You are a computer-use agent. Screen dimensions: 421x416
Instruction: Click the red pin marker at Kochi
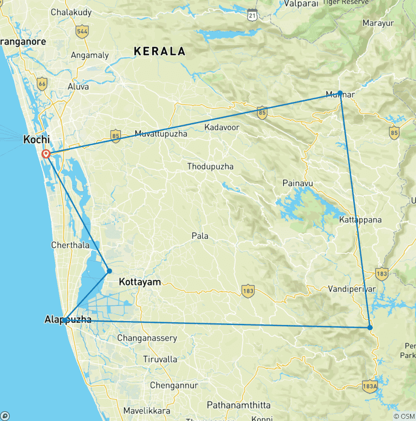pyautogui.click(x=47, y=154)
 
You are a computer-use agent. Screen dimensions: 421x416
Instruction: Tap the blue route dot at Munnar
pyautogui.click(x=340, y=93)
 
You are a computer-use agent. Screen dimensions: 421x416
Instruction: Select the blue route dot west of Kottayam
pyautogui.click(x=109, y=271)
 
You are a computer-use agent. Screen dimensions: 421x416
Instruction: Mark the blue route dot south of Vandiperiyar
pyautogui.click(x=370, y=327)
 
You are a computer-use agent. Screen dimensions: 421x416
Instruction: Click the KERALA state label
pyautogui.click(x=160, y=52)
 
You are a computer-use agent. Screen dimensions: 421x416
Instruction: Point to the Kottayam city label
pyautogui.click(x=140, y=282)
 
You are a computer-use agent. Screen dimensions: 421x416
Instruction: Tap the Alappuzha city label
pyautogui.click(x=67, y=321)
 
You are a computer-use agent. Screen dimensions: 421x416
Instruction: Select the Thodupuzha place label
pyautogui.click(x=210, y=167)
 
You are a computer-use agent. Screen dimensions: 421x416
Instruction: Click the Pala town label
pyautogui.click(x=200, y=236)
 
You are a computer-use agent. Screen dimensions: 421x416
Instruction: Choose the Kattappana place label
pyautogui.click(x=360, y=220)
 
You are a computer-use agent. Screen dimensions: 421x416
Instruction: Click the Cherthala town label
pyautogui.click(x=70, y=245)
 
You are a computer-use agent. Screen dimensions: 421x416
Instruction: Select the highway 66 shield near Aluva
pyautogui.click(x=42, y=84)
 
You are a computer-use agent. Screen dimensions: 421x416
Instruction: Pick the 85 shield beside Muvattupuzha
pyautogui.click(x=115, y=136)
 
